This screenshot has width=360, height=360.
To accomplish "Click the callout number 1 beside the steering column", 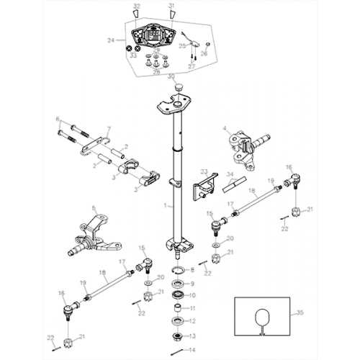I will (164, 205).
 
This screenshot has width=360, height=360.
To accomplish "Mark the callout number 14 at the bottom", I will (192, 349).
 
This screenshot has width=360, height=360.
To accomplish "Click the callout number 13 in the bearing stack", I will (192, 336).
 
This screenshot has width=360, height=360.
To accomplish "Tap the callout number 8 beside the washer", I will (192, 270).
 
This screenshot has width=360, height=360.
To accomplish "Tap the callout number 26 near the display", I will (205, 52).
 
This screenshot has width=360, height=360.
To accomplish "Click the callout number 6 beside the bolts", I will (58, 119).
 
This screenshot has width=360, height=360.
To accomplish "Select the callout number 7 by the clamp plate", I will (109, 130).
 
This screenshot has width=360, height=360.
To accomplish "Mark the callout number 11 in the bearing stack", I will (192, 310).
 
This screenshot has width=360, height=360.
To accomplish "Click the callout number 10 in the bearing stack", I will (192, 296).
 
